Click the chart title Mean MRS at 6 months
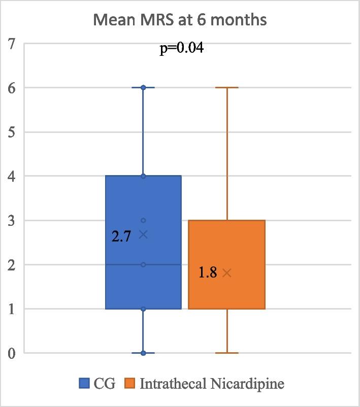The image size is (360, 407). (180, 21)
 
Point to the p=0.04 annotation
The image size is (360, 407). (182, 49)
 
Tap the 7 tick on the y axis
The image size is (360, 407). (11, 44)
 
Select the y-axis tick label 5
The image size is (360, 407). (11, 132)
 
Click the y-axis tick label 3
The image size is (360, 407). (11, 220)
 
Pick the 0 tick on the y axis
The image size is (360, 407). (11, 353)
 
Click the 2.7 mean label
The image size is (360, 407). (122, 236)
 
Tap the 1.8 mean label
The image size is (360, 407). (207, 273)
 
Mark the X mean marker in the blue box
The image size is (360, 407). (143, 234)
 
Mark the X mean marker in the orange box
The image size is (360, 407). (226, 273)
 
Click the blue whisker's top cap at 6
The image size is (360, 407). (143, 88)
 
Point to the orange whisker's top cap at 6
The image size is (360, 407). (226, 88)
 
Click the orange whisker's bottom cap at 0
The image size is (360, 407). (226, 353)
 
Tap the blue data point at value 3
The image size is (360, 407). (143, 220)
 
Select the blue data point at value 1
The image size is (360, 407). (143, 309)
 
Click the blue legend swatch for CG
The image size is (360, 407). (84, 383)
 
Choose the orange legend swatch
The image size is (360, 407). (130, 383)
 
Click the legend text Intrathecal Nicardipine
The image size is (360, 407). (212, 383)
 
